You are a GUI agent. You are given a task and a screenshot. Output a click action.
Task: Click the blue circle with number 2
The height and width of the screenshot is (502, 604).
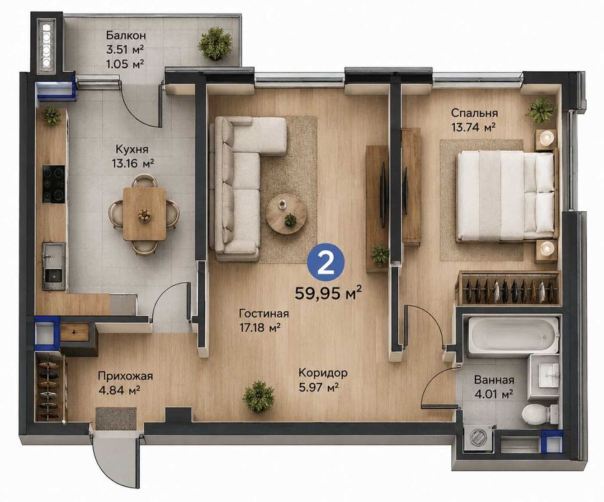pyautogui.click(x=326, y=264)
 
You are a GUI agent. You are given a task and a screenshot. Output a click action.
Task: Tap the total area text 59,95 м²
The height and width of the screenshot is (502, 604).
pyautogui.click(x=329, y=293)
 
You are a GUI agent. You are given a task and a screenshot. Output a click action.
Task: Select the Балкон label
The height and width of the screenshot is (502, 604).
pyautogui.click(x=126, y=35)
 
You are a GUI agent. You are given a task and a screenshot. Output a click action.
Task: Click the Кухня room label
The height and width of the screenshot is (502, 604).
pyautogui.click(x=132, y=149)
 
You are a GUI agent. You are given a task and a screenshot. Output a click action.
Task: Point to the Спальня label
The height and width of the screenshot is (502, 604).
pyautogui.click(x=474, y=113)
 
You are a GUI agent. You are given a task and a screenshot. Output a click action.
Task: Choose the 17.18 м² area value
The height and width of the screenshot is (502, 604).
pyautogui.click(x=259, y=328)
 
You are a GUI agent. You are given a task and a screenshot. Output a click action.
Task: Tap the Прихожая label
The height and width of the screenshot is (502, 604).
pyautogui.click(x=126, y=376)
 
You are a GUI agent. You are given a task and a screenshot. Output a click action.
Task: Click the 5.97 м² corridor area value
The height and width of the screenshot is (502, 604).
pyautogui.click(x=318, y=387)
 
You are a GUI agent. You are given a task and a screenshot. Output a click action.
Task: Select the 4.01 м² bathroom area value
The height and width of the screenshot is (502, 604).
pyautogui.click(x=494, y=394)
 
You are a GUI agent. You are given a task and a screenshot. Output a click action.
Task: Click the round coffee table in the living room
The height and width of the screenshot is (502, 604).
pyautogui.click(x=287, y=214)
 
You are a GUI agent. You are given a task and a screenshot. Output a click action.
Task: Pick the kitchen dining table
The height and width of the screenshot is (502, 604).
pyautogui.click(x=144, y=214)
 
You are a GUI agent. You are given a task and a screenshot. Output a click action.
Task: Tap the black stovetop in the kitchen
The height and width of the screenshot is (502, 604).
pyautogui.click(x=54, y=184)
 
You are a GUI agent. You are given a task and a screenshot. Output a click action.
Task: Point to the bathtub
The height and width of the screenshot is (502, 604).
pyautogui.click(x=513, y=335)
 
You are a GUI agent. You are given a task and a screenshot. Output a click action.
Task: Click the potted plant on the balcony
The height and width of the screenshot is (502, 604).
pyautogui.click(x=215, y=44)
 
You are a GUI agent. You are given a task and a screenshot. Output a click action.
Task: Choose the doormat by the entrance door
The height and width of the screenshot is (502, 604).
pyautogui.click(x=116, y=418)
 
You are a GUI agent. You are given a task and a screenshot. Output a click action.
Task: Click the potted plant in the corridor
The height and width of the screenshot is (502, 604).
pyautogui.click(x=258, y=396)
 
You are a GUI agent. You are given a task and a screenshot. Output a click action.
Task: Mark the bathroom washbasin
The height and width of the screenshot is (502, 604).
pyautogui.click(x=544, y=377)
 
